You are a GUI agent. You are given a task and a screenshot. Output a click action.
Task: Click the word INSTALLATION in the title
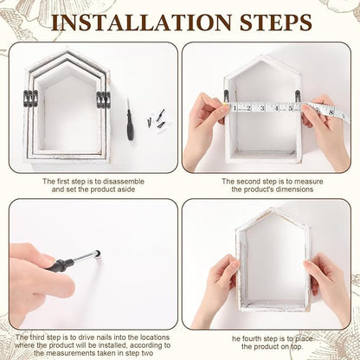[141, 22]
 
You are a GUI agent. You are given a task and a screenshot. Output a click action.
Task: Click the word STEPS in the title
[276, 22]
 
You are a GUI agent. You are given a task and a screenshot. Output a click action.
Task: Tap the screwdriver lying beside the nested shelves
[130, 119]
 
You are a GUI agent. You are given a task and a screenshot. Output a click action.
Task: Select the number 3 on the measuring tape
[262, 108]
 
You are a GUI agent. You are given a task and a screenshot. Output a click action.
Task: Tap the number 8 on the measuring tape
[331, 112]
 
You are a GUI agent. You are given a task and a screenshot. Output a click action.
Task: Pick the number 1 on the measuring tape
[235, 108]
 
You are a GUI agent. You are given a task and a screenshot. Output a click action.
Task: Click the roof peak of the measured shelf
[262, 55]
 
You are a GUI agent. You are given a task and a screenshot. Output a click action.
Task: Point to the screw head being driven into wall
[98, 254]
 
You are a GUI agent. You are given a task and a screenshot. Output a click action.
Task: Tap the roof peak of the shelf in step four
[272, 209]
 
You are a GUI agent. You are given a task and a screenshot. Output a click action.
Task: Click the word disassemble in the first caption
[124, 182]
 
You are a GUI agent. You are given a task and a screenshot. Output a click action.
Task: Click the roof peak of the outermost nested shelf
[67, 48]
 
